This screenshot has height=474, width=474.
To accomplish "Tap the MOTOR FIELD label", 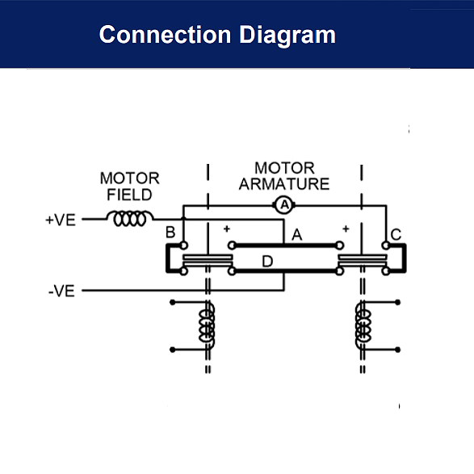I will [x=129, y=186].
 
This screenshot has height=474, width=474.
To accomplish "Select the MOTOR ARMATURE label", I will [x=284, y=176].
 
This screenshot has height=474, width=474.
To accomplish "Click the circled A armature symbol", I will [x=283, y=206].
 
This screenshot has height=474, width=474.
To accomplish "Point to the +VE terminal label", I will [x=61, y=219].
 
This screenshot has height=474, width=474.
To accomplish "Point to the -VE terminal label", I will [x=61, y=291].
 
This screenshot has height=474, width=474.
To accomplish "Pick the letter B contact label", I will [x=170, y=233].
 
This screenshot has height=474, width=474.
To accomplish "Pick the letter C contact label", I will [x=396, y=235].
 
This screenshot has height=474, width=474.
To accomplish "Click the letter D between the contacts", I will [x=266, y=261].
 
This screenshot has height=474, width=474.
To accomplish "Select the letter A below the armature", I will [x=296, y=235].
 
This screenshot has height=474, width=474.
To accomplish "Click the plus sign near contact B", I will [x=228, y=229].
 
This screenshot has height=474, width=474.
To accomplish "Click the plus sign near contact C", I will [x=345, y=229].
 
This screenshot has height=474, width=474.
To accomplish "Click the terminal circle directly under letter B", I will [x=183, y=245].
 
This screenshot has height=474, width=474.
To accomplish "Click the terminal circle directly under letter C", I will [x=385, y=245].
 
